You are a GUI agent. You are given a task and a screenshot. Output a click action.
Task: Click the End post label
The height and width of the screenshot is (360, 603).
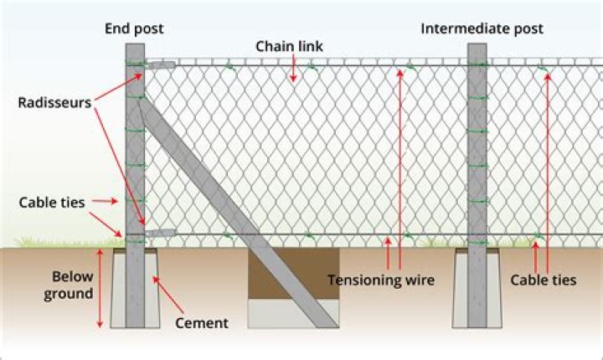134,28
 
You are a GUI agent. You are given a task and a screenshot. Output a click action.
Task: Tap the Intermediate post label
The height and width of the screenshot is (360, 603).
482,28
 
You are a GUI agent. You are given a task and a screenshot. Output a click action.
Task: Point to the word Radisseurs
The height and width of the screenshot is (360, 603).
53,103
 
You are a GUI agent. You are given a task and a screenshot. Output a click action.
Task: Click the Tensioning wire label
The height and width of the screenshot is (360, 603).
381,280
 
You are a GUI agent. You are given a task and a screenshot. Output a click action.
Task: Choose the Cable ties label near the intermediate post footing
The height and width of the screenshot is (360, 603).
543,280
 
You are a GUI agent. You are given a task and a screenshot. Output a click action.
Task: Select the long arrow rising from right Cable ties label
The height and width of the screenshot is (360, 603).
547,167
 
